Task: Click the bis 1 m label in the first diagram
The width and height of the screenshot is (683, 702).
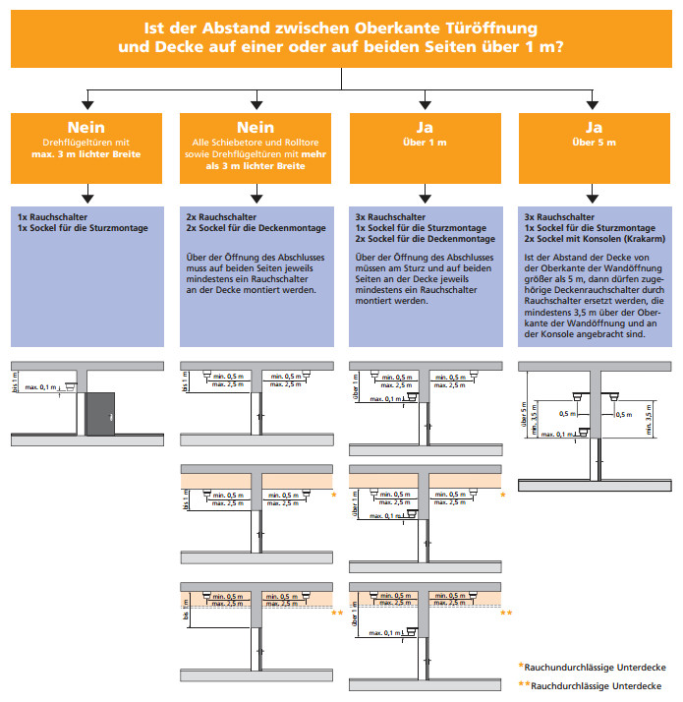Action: pos(15,380)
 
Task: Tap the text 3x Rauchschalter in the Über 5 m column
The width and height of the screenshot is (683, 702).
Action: pos(557,216)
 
